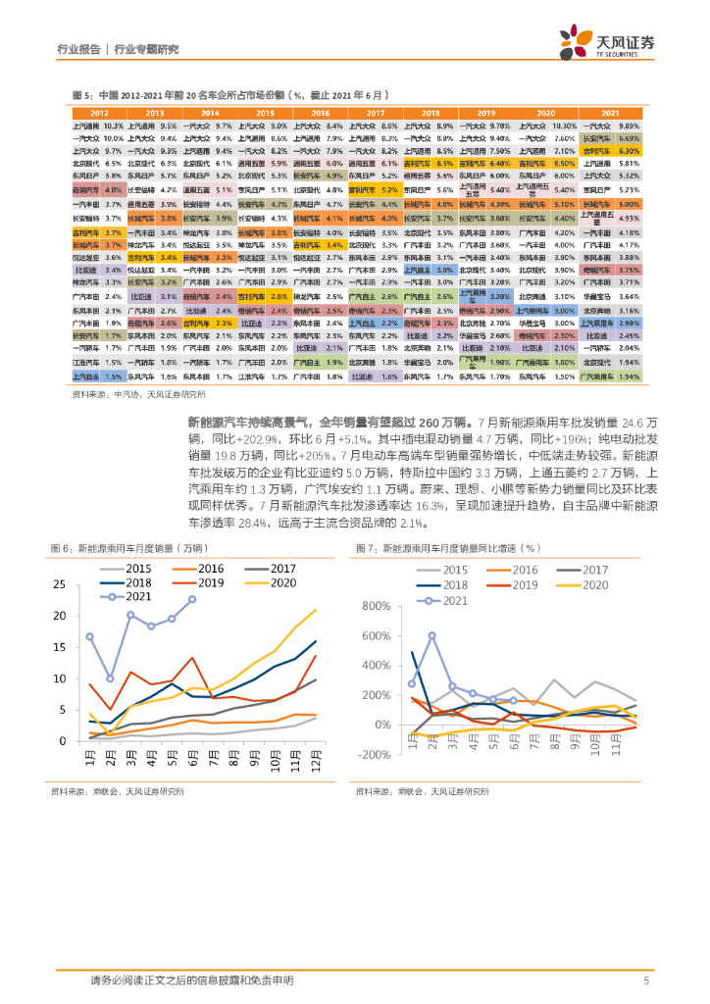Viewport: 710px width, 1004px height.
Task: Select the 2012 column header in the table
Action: (x=98, y=114)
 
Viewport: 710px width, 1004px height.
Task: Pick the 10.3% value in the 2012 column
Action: (x=113, y=126)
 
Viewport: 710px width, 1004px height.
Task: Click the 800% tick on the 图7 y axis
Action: (x=378, y=606)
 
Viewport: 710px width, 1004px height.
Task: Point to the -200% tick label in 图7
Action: (x=376, y=754)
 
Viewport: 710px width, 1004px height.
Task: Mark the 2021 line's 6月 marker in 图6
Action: (x=192, y=599)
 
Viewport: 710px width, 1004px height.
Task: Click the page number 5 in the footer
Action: (x=646, y=979)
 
